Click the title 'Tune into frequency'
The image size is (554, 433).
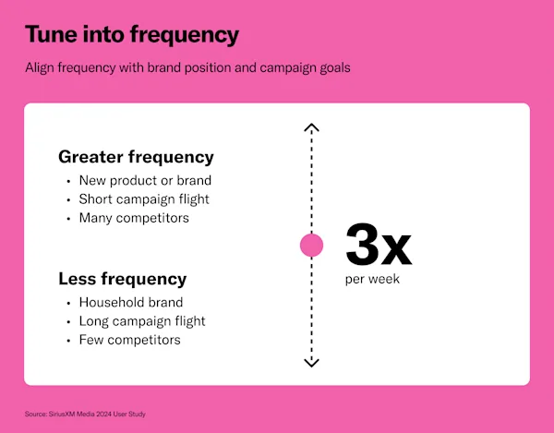(131, 35)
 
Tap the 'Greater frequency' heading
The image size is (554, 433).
(136, 156)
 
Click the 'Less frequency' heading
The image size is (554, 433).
(122, 279)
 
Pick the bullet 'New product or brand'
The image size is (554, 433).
(145, 180)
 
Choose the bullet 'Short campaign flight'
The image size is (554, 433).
(144, 199)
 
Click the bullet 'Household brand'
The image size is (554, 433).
(130, 302)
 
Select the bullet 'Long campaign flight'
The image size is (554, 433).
(142, 321)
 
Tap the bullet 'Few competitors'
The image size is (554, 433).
(129, 340)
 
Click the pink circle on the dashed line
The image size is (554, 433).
(312, 245)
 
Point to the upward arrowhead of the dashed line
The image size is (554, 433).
(312, 127)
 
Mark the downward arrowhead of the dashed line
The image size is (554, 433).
(312, 363)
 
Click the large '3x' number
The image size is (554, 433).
(378, 246)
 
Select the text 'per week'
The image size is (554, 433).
(372, 279)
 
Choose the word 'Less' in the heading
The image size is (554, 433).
(78, 279)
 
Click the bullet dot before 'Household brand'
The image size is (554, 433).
(68, 303)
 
